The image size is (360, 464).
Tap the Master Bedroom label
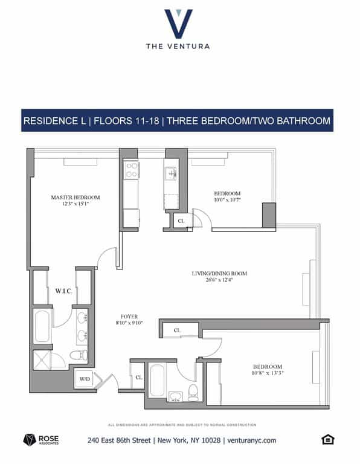tap(76, 198)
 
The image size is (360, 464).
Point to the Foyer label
tap(129, 316)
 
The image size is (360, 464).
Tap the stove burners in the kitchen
tap(131, 170)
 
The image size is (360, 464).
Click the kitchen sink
tap(171, 173)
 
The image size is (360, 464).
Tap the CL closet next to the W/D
tap(138, 378)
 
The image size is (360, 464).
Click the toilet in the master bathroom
tap(76, 355)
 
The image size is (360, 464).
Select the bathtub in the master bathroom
tap(42, 326)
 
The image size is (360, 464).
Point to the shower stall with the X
tap(42, 360)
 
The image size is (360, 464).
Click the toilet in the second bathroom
tap(193, 393)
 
